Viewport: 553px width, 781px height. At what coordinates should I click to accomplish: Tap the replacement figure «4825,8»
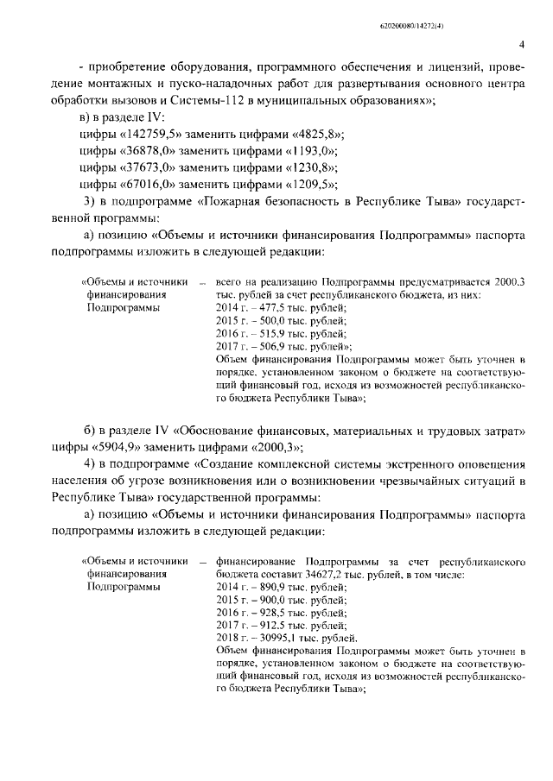point(314,135)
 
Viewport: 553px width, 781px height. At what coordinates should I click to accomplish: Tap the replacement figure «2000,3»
point(281,449)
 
